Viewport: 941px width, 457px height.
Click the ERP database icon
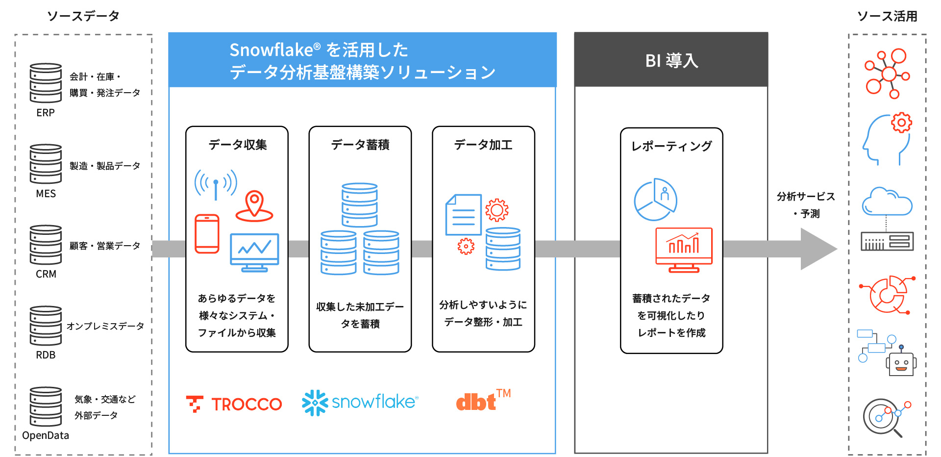coord(46,82)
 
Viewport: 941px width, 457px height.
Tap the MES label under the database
coord(46,194)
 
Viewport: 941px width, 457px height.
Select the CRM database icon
coord(46,245)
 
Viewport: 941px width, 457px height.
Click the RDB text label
coord(46,355)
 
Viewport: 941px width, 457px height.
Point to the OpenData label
coord(46,435)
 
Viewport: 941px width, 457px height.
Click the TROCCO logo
coord(234,404)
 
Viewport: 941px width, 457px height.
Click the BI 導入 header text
coord(671,61)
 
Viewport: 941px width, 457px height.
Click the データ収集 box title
coord(237,145)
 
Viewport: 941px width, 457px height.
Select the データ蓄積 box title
coord(360,145)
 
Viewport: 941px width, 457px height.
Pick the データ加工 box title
coord(483,145)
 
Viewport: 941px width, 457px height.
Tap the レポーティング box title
coord(671,146)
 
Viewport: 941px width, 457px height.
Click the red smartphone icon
coord(207,234)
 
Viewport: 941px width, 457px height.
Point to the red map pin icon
coord(254,205)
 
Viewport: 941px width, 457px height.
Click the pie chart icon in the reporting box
coord(655,200)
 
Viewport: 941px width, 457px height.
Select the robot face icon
coord(901,363)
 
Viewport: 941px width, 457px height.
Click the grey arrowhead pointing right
coord(816,249)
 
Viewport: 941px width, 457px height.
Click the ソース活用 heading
coord(887,16)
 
